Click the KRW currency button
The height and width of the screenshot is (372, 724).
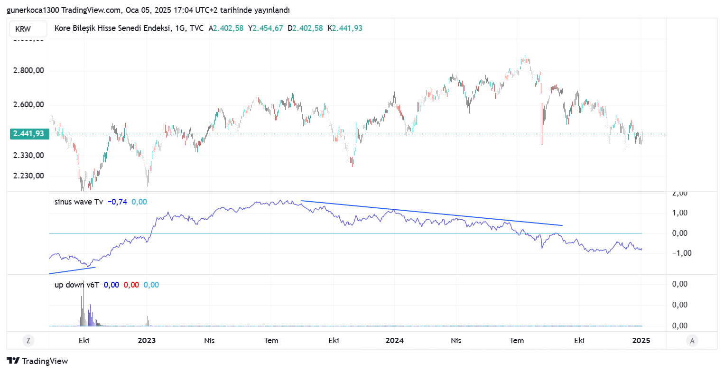23,29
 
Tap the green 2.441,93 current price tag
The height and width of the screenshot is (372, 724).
28,134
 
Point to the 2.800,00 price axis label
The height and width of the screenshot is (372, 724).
28,71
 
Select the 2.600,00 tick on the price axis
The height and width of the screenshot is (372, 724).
28,105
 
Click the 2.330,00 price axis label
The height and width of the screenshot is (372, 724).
28,155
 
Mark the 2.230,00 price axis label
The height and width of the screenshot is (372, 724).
28,176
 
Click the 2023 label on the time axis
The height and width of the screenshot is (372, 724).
147,341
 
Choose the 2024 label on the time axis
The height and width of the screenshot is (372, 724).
394,341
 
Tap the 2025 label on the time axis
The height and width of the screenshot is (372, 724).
641,341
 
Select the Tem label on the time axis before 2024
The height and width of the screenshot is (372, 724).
271,341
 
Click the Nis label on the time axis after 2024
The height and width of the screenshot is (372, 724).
456,341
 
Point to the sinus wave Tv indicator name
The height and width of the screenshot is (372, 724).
79,202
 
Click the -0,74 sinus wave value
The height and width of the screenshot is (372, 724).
117,202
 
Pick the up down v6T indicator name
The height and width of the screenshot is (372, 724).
77,285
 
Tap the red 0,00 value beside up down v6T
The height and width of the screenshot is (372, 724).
131,285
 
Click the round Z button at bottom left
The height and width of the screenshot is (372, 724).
28,340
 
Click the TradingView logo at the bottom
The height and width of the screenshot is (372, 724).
37,361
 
